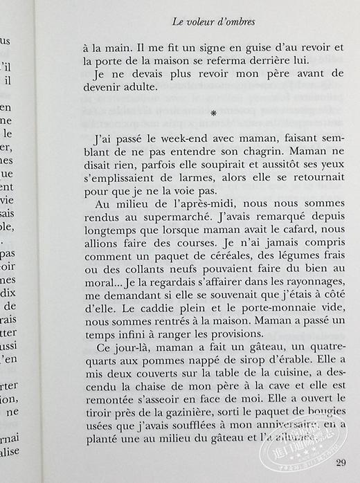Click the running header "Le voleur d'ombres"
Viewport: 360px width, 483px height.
coord(213,22)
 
